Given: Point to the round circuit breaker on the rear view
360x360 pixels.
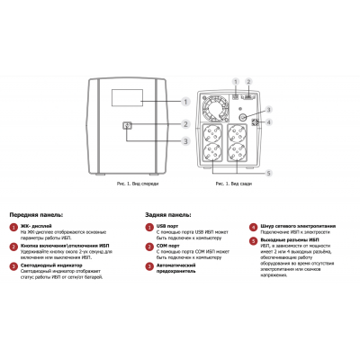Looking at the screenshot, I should point(242,116).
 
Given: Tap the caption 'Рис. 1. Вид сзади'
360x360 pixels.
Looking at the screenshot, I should point(231,183).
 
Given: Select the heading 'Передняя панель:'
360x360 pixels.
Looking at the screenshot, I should point(37,216).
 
